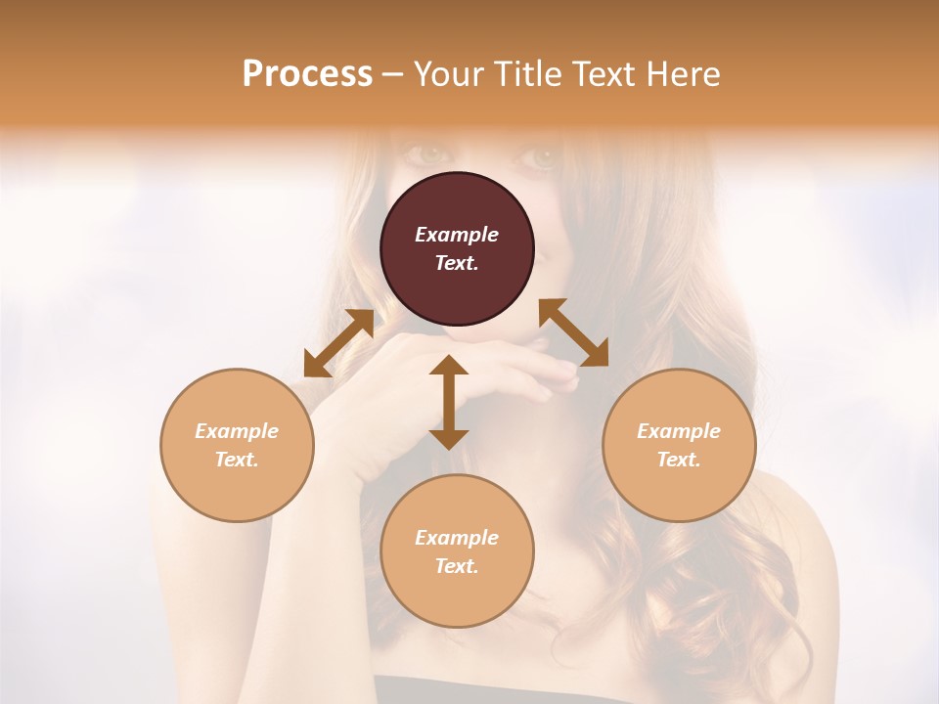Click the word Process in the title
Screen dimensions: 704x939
(307, 74)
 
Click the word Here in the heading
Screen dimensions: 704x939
(683, 74)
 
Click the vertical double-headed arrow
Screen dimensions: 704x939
(449, 402)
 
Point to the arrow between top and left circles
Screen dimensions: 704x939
(338, 343)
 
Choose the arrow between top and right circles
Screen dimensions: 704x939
(573, 332)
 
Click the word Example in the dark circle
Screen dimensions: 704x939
(457, 235)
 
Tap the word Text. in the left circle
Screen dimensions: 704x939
(237, 460)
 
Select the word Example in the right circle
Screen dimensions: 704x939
(679, 431)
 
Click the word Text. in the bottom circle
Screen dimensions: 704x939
(457, 566)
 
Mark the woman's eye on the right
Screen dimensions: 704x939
(542, 156)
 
